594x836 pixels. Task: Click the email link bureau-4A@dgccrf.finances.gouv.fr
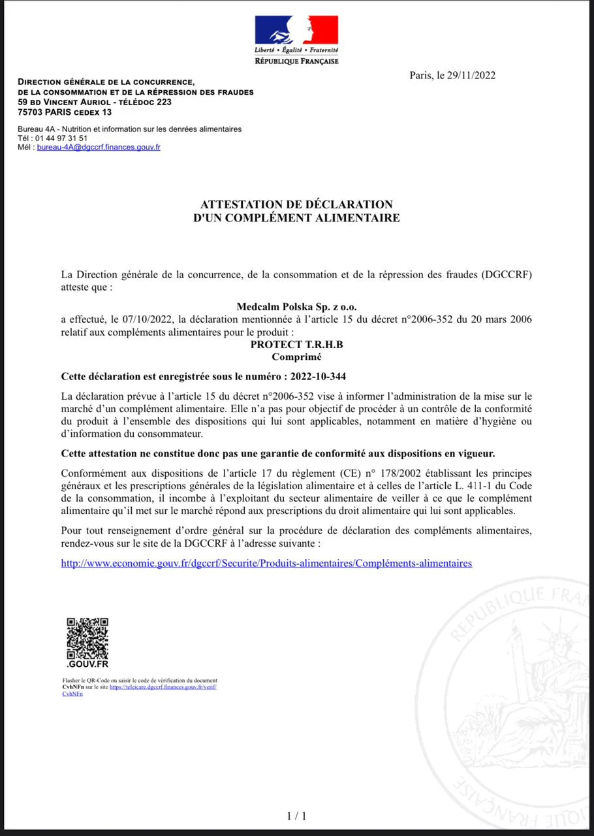click(x=99, y=148)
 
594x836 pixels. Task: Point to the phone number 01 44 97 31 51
click(x=62, y=138)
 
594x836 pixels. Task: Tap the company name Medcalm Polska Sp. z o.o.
click(x=296, y=306)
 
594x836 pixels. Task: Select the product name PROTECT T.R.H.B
click(x=296, y=345)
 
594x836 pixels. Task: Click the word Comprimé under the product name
click(x=296, y=357)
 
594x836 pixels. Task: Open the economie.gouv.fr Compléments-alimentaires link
click(x=266, y=563)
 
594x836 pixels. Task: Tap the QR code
click(x=87, y=638)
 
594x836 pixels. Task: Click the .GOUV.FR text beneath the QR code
click(x=87, y=664)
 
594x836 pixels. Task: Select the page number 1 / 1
click(x=296, y=816)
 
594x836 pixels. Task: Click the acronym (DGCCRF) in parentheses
click(x=507, y=274)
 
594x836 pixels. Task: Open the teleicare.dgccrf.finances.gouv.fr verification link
click(x=163, y=687)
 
